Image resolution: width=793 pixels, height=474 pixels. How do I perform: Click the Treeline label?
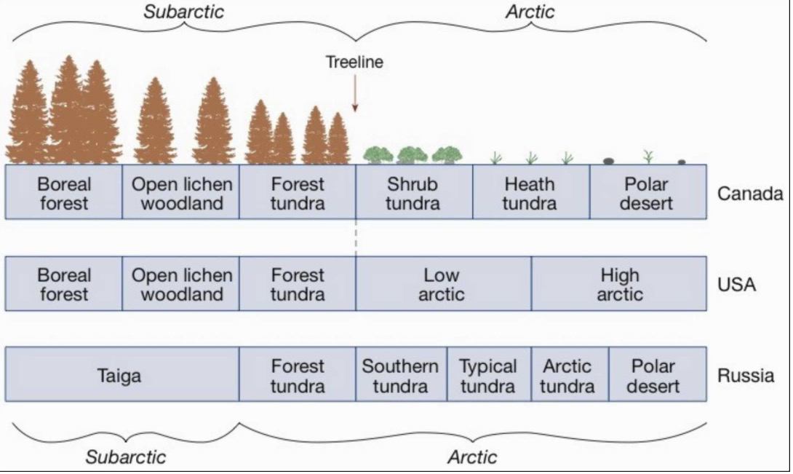354,63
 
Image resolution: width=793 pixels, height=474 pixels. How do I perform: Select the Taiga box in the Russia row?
121,376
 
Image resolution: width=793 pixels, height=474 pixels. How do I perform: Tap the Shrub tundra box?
413,193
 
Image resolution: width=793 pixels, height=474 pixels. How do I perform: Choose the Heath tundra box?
530,193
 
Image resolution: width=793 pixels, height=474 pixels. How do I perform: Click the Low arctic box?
442,284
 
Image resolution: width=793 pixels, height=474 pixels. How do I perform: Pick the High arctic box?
619,284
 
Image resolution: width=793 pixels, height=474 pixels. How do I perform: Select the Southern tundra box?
401,376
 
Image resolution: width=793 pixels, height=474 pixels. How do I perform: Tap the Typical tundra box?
488,376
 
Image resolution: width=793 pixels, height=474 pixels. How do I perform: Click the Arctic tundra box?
568,376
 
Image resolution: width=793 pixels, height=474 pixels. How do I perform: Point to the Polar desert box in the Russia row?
653,376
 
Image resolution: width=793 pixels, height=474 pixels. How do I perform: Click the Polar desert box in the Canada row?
647,193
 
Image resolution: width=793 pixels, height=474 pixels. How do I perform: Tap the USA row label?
737,285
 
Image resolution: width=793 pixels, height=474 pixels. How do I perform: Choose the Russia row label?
746,376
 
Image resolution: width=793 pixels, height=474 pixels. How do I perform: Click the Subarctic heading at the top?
183,11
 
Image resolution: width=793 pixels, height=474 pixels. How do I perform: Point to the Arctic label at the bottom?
472,457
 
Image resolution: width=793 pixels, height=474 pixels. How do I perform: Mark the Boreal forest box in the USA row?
64,284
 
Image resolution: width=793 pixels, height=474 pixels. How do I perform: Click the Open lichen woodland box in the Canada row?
181,193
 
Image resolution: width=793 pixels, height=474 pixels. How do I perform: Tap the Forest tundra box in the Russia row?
298,376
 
